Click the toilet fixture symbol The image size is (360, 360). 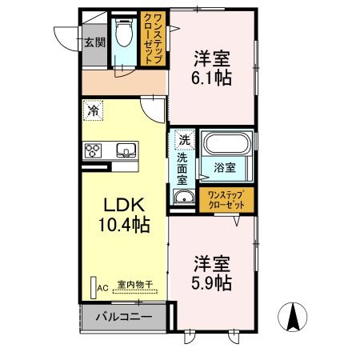click(x=124, y=33)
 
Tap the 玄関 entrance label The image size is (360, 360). click(x=94, y=42)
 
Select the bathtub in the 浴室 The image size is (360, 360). click(x=226, y=144)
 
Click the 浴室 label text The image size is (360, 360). click(x=225, y=167)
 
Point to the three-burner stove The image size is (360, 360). click(x=93, y=150)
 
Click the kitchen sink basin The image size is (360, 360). click(x=126, y=150)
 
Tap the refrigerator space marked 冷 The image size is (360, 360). click(x=93, y=110)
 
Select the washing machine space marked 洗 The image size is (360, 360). click(x=185, y=140)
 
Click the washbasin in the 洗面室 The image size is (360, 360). click(x=183, y=198)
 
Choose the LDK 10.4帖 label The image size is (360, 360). click(x=124, y=215)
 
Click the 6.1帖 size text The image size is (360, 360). click(x=211, y=78)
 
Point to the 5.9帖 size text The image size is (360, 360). click(x=211, y=282)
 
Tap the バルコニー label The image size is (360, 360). click(x=124, y=317)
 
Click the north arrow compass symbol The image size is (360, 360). click(x=293, y=317)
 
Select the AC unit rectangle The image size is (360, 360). click(x=94, y=287)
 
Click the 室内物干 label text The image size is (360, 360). click(x=135, y=284)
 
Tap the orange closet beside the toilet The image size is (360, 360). click(x=153, y=38)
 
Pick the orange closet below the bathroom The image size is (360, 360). click(x=226, y=200)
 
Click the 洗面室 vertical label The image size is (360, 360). click(x=182, y=169)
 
